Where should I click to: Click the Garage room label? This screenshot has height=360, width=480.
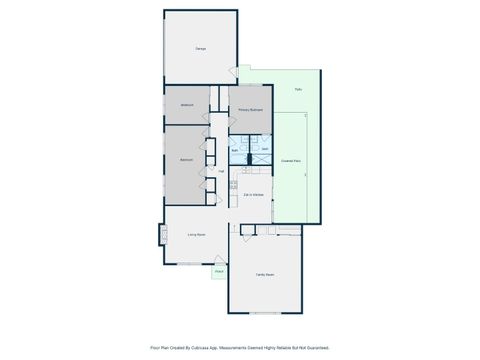click(x=200, y=48)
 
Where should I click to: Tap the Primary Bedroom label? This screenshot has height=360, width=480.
click(x=249, y=110)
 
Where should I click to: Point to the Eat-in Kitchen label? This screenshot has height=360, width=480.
click(x=253, y=194)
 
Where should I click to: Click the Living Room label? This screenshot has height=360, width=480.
click(x=196, y=236)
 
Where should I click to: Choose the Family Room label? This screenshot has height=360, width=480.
click(x=264, y=273)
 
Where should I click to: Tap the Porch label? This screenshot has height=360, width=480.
click(x=218, y=271)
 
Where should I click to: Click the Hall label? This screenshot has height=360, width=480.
click(x=220, y=171)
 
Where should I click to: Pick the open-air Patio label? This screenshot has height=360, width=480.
click(x=298, y=91)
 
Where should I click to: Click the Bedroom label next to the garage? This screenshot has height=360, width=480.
click(x=187, y=105)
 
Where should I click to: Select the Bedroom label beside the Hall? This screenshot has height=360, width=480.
click(x=186, y=159)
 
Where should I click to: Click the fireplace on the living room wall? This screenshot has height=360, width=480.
click(x=161, y=237)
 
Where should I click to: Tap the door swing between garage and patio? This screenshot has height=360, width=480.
click(x=233, y=72)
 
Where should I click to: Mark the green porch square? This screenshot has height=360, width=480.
click(x=218, y=274)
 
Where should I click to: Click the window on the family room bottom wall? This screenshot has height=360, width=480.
click(x=264, y=315)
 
